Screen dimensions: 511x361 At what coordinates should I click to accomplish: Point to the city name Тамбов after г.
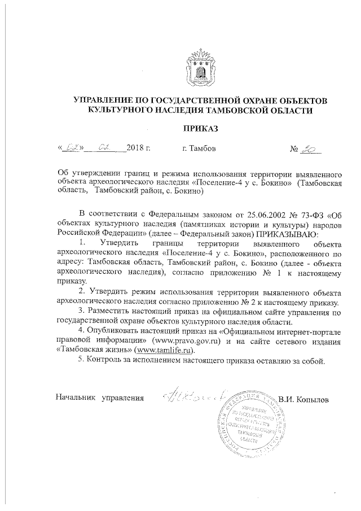(202, 149)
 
